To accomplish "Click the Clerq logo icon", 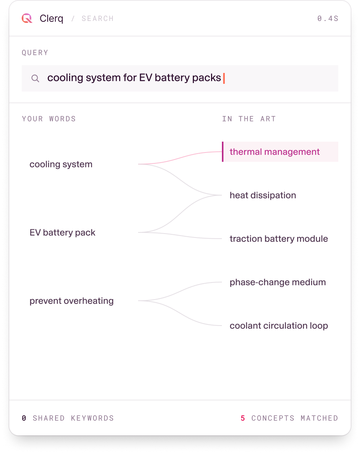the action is click(x=27, y=18).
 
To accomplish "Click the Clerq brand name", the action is click(x=52, y=19).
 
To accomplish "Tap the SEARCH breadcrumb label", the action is click(x=97, y=19).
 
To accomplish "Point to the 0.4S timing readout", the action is click(x=327, y=19).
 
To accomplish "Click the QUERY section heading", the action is click(x=35, y=53).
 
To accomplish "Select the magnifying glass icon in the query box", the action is click(x=35, y=78).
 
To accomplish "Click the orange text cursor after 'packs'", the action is click(x=224, y=78).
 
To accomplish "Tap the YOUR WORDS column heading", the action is click(x=49, y=119).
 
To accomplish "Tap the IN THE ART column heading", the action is click(x=249, y=119).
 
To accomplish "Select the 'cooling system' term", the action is click(x=61, y=164).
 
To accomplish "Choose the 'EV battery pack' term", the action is click(x=62, y=232).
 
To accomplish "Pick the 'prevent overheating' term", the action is click(x=71, y=301).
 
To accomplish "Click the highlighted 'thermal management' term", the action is click(x=275, y=152).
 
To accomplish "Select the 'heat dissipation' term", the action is click(x=263, y=195).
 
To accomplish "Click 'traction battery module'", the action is click(x=279, y=239).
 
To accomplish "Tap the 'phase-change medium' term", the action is click(x=278, y=282).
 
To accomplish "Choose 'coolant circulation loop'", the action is click(x=279, y=326).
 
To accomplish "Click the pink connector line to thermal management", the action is click(x=180, y=158).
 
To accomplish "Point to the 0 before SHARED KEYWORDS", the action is click(x=24, y=418).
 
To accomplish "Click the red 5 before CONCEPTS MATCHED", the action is click(x=243, y=418).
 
